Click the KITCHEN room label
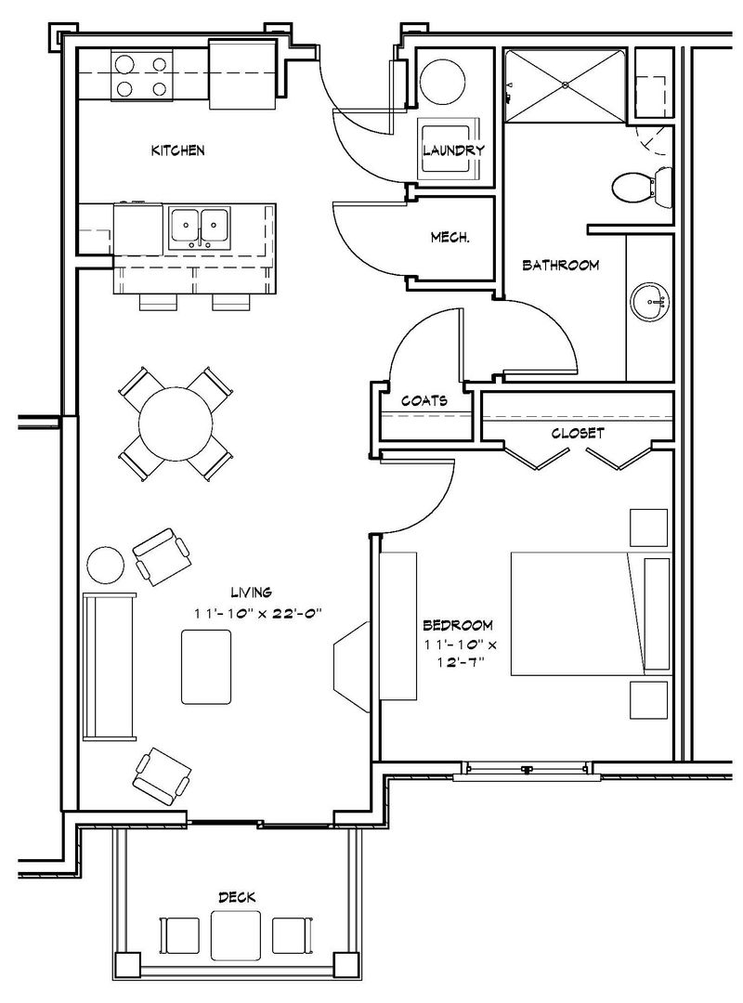[x=178, y=150]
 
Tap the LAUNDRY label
[x=453, y=150]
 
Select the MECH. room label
[x=450, y=238]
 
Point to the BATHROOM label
[x=561, y=265]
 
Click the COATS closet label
[x=424, y=401]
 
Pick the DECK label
[x=237, y=897]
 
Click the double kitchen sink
[x=200, y=228]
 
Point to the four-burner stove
[x=142, y=75]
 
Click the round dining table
[x=176, y=423]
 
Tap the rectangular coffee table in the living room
[x=206, y=667]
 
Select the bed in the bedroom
[x=591, y=614]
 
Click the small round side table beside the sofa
[x=106, y=565]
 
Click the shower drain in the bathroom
[x=565, y=85]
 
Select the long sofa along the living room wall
[x=110, y=667]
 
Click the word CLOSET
[x=578, y=433]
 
